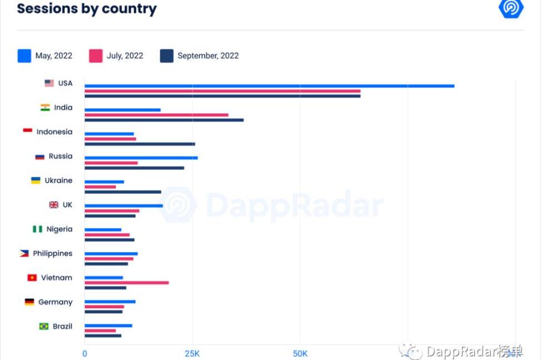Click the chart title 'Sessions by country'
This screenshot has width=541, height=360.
pyautogui.click(x=87, y=9)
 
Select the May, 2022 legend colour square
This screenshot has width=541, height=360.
pyautogui.click(x=24, y=56)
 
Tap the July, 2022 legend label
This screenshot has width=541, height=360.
pyautogui.click(x=125, y=56)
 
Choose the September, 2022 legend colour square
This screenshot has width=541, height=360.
pyautogui.click(x=166, y=56)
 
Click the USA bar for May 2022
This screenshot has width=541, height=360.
pyautogui.click(x=269, y=86)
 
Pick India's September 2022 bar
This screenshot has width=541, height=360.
pyautogui.click(x=164, y=120)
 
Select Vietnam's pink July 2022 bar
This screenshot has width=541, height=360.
pyautogui.click(x=126, y=283)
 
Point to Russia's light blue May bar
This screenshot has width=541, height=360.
pyautogui.click(x=141, y=157)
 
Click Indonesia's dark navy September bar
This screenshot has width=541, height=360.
pyautogui.click(x=140, y=144)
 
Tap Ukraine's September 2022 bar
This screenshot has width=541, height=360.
pyautogui.click(x=122, y=192)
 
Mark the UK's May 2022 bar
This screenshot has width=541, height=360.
pyautogui.click(x=124, y=205)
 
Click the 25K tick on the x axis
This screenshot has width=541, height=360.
pyautogui.click(x=192, y=353)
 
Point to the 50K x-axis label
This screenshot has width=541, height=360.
pyautogui.click(x=300, y=353)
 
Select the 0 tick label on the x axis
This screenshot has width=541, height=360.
pyautogui.click(x=85, y=353)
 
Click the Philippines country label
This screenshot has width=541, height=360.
pyautogui.click(x=52, y=253)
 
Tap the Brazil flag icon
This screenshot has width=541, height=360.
pyautogui.click(x=44, y=326)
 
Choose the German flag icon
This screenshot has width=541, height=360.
pyautogui.click(x=29, y=302)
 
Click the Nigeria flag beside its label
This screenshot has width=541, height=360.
pyautogui.click(x=37, y=229)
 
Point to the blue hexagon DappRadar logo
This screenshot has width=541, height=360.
pyautogui.click(x=511, y=8)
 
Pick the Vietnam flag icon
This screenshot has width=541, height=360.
pyautogui.click(x=32, y=278)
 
